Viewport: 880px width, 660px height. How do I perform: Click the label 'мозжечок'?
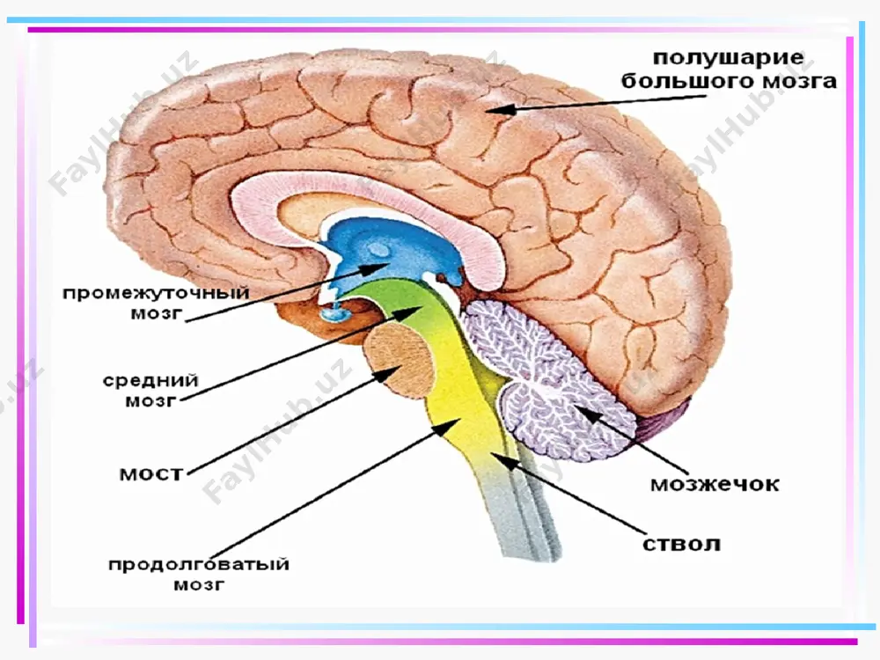pos(715,484)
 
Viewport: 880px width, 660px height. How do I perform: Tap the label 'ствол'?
pos(681,544)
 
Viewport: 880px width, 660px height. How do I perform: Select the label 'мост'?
pos(151,473)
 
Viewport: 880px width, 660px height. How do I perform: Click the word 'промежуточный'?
pos(156,294)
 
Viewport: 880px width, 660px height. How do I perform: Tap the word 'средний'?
pos(150,380)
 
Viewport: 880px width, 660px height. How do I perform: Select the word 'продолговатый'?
pos(199,564)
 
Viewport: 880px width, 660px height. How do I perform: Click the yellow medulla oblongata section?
pos(460,410)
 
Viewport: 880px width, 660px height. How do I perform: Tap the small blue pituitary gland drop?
pos(334,313)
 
